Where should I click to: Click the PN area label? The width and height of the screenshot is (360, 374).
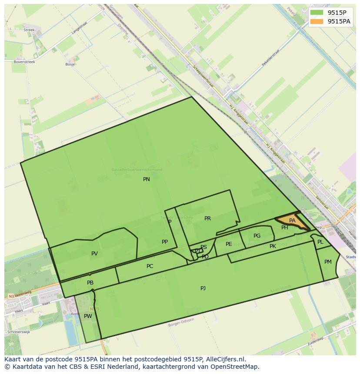tap(147, 179)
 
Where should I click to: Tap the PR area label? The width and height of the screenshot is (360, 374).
tap(207, 218)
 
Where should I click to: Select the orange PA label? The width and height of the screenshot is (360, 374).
tap(292, 221)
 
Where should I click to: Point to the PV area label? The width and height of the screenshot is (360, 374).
tap(94, 254)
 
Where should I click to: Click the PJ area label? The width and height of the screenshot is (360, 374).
tap(203, 288)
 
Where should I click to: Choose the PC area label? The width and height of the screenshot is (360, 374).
tap(150, 266)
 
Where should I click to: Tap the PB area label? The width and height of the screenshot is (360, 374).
tap(90, 283)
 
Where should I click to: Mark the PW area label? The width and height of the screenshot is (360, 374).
tap(88, 316)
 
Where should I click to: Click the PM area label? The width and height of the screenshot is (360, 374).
tap(328, 262)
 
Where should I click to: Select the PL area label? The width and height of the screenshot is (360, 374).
tap(320, 242)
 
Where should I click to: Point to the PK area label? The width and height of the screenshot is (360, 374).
tap(273, 246)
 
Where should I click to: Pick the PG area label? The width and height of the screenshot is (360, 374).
tap(257, 236)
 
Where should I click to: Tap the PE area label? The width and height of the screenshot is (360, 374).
tap(229, 244)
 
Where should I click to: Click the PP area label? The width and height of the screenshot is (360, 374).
tap(165, 242)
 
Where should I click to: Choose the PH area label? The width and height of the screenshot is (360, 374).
tap(284, 228)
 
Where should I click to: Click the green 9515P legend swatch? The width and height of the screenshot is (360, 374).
tap(317, 13)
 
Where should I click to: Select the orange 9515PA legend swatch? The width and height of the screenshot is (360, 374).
tap(317, 21)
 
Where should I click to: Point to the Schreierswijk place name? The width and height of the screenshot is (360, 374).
tap(18, 332)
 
